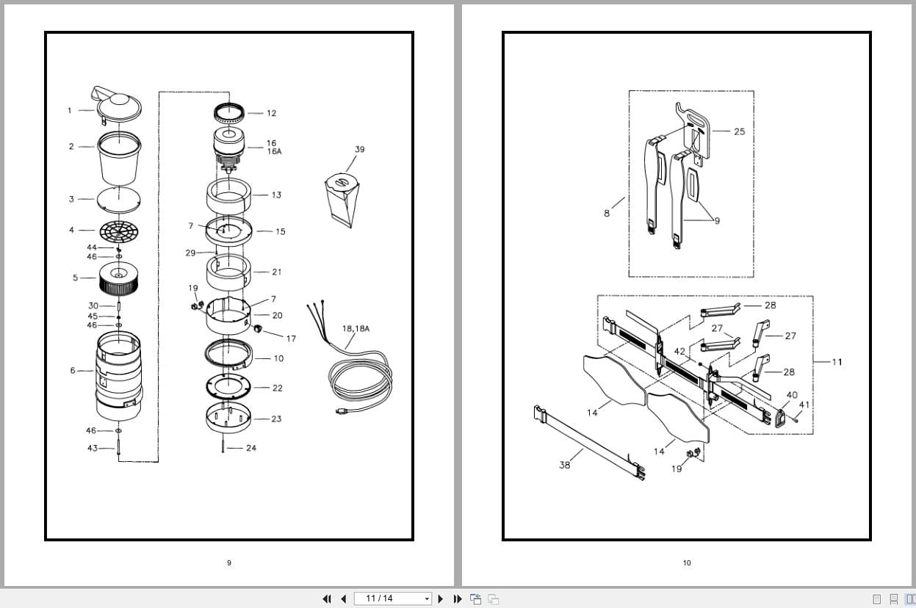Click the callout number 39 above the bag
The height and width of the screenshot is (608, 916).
click(359, 149)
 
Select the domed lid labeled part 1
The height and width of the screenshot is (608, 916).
click(118, 106)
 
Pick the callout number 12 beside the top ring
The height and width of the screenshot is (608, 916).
click(271, 113)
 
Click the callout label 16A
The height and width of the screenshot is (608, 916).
click(274, 151)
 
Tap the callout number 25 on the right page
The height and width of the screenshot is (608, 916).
click(739, 131)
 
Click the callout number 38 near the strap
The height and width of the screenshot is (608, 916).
click(564, 465)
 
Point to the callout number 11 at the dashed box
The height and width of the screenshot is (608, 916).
click(837, 361)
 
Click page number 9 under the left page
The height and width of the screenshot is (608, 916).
click(228, 563)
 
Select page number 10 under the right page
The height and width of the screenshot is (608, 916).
click(687, 563)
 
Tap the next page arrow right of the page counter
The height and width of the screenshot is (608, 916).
click(441, 598)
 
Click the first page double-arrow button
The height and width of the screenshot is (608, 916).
click(327, 598)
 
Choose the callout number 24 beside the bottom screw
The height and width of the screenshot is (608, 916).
click(251, 448)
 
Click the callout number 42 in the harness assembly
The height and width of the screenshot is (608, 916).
click(679, 352)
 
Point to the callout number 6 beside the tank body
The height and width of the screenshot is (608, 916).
click(72, 370)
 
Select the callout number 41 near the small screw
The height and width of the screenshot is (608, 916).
click(804, 405)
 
